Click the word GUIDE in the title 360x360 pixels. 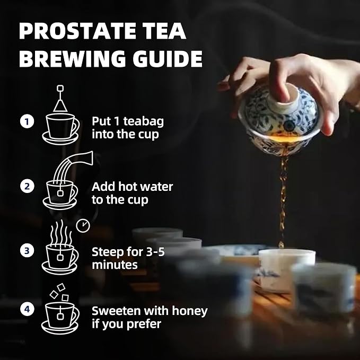point(168,58)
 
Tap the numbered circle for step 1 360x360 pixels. point(27,121)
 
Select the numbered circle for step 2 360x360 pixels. point(27,186)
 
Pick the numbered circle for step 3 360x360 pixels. point(27,250)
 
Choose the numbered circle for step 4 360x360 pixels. point(27,309)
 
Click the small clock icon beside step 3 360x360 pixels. point(83,226)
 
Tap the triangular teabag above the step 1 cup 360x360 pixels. point(60,106)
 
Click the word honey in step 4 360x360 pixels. point(190,312)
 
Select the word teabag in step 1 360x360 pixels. point(144,122)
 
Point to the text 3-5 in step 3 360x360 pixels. point(155,252)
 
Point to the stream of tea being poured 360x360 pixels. point(283,202)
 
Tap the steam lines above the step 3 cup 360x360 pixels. point(61,232)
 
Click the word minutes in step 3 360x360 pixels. point(115,265)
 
